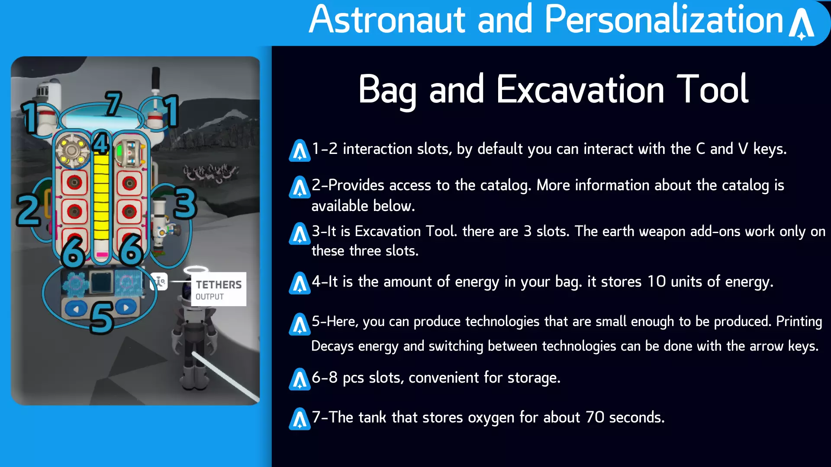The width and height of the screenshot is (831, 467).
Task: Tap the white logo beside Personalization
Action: click(x=802, y=24)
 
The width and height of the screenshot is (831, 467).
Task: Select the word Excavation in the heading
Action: click(x=580, y=89)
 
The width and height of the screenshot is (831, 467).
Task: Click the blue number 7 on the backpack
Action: click(x=113, y=103)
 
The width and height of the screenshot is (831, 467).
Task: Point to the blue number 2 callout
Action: click(x=29, y=211)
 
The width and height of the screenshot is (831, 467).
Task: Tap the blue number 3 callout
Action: click(x=185, y=203)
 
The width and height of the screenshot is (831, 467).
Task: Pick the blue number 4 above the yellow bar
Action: click(x=100, y=144)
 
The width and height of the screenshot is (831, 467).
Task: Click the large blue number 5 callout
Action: click(x=102, y=318)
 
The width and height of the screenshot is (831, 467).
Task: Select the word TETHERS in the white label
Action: click(x=219, y=285)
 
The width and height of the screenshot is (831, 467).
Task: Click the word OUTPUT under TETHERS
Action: click(x=209, y=297)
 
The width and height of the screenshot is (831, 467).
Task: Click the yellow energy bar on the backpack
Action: click(x=101, y=197)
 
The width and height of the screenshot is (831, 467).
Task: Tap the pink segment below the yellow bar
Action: click(x=102, y=255)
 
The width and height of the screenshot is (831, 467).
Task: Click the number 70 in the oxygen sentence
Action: click(x=595, y=417)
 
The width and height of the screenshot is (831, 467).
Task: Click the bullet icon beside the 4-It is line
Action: click(x=300, y=283)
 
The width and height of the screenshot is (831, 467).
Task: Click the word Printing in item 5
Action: click(x=799, y=322)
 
